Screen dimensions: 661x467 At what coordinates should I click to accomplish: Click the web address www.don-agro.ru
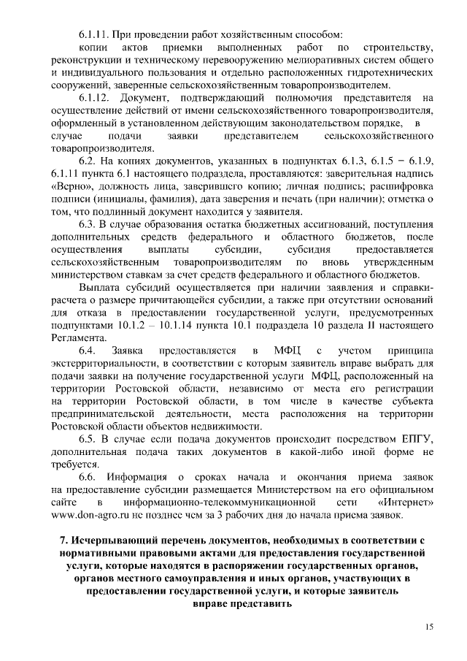click(x=91, y=515)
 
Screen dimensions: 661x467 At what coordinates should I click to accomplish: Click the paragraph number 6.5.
click(x=88, y=438)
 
